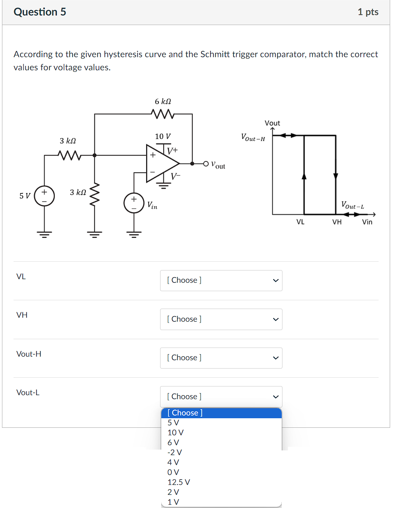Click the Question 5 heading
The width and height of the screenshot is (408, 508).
pyautogui.click(x=40, y=12)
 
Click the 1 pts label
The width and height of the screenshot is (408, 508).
pyautogui.click(x=367, y=12)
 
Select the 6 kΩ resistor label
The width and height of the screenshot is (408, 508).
pyautogui.click(x=163, y=102)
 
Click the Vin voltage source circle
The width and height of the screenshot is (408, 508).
pyautogui.click(x=134, y=203)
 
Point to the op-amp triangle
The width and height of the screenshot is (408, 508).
pyautogui.click(x=161, y=163)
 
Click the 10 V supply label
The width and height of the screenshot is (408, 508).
pyautogui.click(x=163, y=136)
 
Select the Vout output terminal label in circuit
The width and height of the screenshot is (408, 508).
pyautogui.click(x=218, y=165)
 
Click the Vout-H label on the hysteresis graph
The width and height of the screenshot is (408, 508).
pyautogui.click(x=253, y=138)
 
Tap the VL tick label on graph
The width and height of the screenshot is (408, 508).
pyautogui.click(x=300, y=222)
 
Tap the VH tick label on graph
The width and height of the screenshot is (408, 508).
pyautogui.click(x=337, y=222)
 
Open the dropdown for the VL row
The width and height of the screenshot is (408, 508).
pyautogui.click(x=221, y=280)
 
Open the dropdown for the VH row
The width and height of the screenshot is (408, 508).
pyautogui.click(x=221, y=319)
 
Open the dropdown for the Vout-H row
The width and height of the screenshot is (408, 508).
pyautogui.click(x=221, y=358)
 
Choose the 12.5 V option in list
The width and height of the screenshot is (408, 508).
pyautogui.click(x=179, y=482)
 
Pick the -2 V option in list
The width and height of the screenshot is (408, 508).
pyautogui.click(x=175, y=452)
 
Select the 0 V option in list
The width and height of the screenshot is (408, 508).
pyautogui.click(x=173, y=472)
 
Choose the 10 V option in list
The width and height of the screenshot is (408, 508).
pyautogui.click(x=176, y=433)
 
